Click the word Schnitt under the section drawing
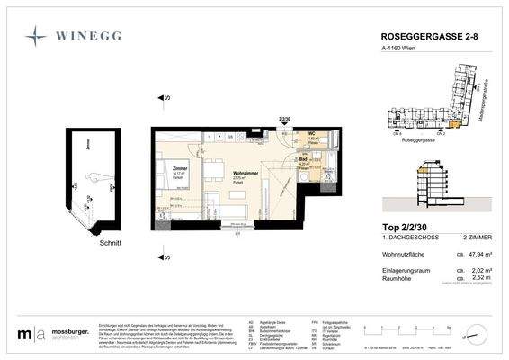click(87, 242)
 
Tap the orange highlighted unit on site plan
click(460, 123)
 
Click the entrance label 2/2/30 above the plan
click(261, 118)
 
